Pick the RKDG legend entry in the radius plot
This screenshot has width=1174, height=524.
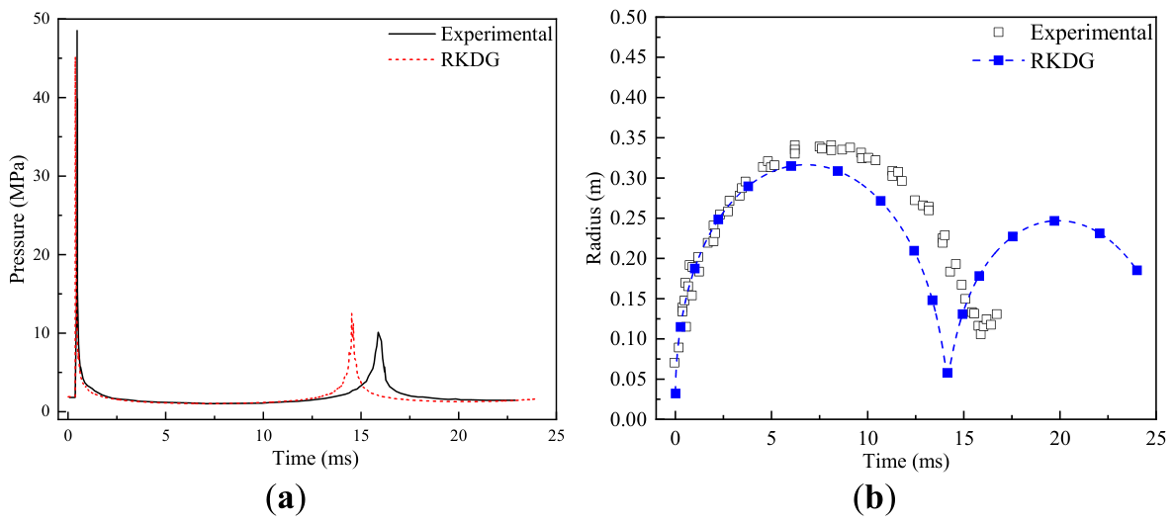pyautogui.click(x=1039, y=61)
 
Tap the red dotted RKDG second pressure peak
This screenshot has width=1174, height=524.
pyautogui.click(x=351, y=313)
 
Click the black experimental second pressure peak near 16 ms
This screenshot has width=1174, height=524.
pyautogui.click(x=379, y=332)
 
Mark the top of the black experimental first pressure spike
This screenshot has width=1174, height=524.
pyautogui.click(x=76, y=31)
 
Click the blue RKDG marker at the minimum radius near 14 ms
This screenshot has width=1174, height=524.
pyautogui.click(x=948, y=373)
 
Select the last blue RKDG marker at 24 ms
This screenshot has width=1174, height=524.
pyautogui.click(x=1136, y=270)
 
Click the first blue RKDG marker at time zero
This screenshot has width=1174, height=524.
pyautogui.click(x=676, y=393)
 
